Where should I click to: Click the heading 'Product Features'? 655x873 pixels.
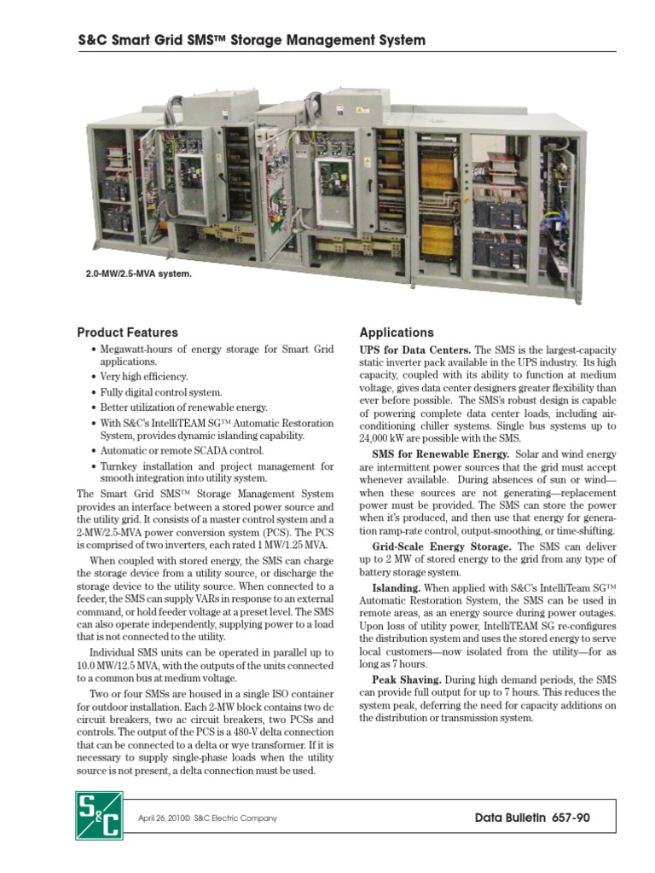coord(127,332)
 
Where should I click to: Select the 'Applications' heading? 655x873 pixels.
coord(397,332)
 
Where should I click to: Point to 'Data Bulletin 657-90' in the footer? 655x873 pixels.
coord(531,818)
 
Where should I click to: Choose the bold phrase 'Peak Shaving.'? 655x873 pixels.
coord(406,679)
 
